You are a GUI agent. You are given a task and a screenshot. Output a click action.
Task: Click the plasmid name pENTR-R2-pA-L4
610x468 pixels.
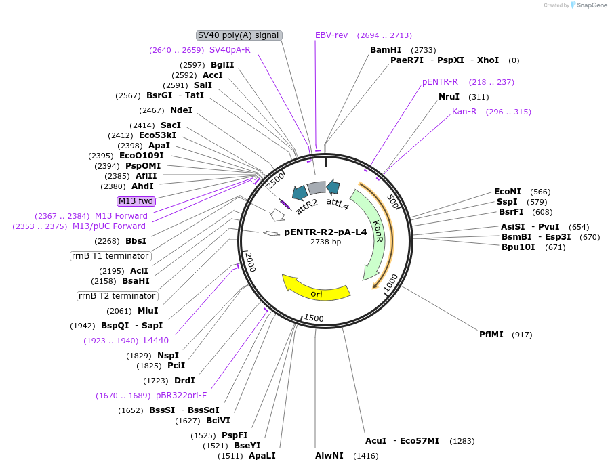(x=325, y=232)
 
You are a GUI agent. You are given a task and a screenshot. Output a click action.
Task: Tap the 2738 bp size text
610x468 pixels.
(x=325, y=242)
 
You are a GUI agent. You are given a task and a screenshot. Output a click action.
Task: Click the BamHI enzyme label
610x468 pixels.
(x=386, y=50)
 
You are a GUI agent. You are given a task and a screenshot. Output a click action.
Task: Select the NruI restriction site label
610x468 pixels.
(x=449, y=97)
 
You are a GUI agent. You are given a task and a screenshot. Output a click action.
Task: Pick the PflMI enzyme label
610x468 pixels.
(x=491, y=335)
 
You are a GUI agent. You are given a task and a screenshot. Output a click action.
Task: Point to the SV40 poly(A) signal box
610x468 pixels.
(x=239, y=35)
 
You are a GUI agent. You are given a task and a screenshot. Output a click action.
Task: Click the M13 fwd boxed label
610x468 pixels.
(x=136, y=201)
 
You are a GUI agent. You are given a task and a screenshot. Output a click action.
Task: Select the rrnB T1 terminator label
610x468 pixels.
(x=110, y=256)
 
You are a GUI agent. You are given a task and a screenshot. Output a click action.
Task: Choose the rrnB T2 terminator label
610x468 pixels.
(x=117, y=296)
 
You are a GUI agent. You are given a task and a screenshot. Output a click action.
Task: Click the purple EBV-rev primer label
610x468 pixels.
(x=331, y=35)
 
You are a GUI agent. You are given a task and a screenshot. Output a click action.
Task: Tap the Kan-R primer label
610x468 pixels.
(x=464, y=112)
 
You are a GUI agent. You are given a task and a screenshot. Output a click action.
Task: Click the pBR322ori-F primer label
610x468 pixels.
(x=181, y=396)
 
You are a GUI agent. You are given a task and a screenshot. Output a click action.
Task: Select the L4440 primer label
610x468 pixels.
(x=156, y=341)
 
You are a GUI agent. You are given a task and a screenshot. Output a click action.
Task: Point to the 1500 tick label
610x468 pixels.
(x=314, y=318)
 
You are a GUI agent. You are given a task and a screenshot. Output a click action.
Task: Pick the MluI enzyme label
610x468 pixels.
(x=148, y=311)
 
